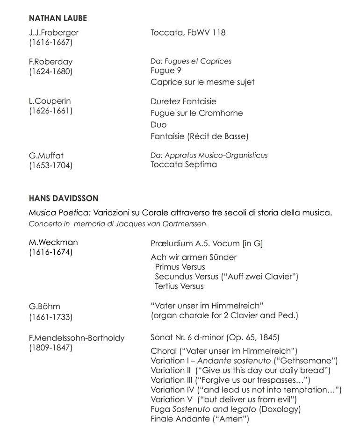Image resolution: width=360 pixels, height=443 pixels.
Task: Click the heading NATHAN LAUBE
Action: (x=58, y=18)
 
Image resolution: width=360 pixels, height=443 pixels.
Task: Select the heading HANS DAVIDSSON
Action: (x=64, y=199)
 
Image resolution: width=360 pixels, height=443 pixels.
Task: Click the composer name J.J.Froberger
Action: (x=54, y=33)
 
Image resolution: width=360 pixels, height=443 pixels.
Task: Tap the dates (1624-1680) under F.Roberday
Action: (x=50, y=71)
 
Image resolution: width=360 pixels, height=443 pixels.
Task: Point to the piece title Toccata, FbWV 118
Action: (x=188, y=33)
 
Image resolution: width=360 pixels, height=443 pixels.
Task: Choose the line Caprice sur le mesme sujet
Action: (x=202, y=82)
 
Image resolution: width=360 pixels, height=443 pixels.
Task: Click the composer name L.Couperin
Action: (x=50, y=101)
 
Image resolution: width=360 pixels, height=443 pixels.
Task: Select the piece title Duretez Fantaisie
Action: (x=183, y=101)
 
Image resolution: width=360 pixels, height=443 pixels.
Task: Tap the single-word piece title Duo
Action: (x=158, y=125)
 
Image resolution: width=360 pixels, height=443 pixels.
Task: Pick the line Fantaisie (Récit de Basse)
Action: (x=200, y=136)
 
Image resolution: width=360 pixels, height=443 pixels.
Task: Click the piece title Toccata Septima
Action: (x=184, y=164)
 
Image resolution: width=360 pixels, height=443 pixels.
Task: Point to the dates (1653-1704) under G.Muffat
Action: (x=50, y=165)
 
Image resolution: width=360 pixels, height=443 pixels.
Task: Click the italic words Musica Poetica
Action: (x=59, y=213)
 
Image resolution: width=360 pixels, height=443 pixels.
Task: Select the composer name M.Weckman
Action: (x=53, y=242)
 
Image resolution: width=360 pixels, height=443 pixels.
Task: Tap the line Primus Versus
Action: (x=180, y=267)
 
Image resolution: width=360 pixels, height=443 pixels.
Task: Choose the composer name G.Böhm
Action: (x=44, y=307)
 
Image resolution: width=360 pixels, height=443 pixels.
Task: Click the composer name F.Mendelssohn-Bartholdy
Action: (x=77, y=338)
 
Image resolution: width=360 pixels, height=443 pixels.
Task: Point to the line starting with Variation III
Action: (x=230, y=380)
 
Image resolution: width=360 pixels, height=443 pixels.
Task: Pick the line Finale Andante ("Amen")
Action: (x=200, y=419)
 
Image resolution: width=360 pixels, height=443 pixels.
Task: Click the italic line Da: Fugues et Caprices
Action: (x=191, y=61)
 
